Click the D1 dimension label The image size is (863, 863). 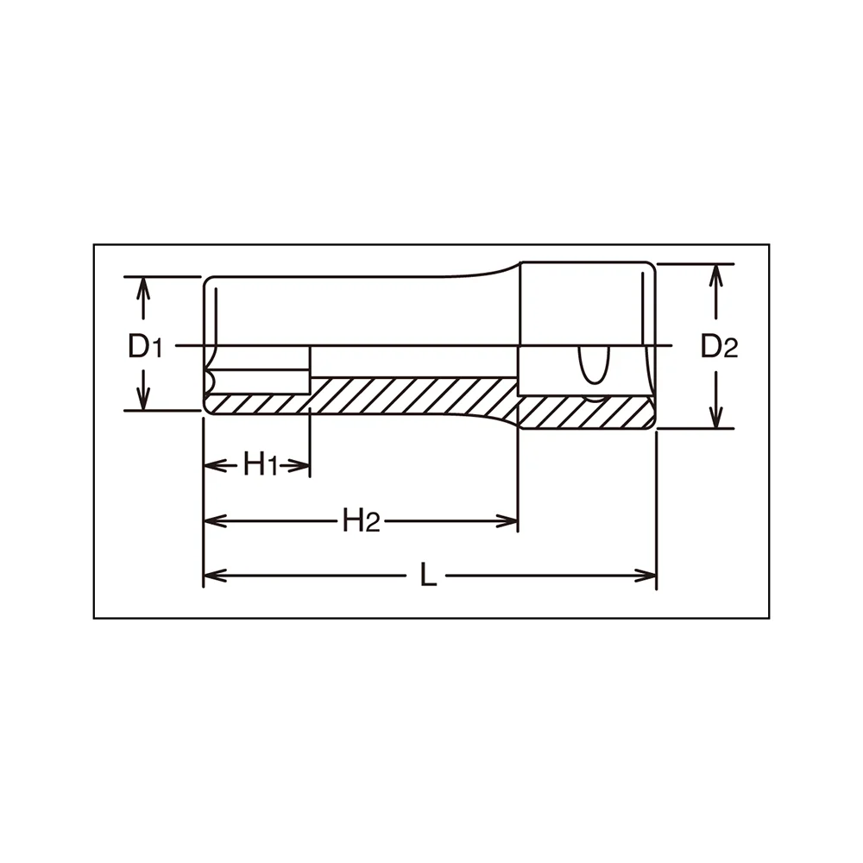(145, 347)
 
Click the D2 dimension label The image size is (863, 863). (719, 347)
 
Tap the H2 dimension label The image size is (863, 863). (361, 520)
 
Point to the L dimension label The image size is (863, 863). (428, 575)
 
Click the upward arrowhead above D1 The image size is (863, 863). (143, 288)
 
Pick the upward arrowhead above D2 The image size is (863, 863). (715, 275)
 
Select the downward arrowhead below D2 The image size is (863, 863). (715, 417)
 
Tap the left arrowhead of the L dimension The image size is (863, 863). (215, 576)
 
